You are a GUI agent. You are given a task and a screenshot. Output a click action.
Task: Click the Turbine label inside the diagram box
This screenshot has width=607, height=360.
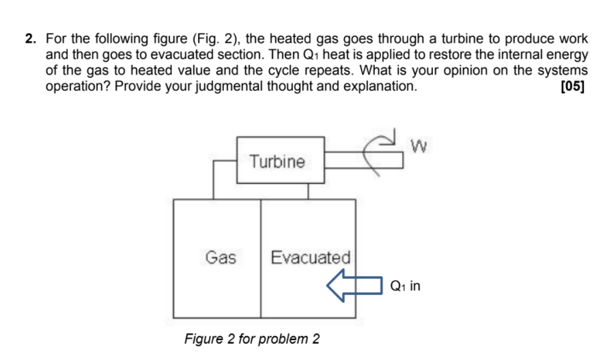tap(277, 162)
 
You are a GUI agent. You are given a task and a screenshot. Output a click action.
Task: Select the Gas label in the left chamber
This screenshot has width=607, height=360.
tap(221, 258)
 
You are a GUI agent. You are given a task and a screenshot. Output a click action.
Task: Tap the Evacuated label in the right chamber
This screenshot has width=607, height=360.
tap(310, 258)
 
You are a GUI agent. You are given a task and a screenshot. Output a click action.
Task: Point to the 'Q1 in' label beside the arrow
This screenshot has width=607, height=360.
tap(406, 286)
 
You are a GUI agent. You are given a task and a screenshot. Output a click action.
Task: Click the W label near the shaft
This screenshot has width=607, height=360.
tap(421, 145)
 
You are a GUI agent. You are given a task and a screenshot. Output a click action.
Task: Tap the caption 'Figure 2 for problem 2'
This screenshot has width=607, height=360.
tap(252, 339)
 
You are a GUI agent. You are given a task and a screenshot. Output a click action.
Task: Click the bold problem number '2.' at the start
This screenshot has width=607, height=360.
tap(31, 39)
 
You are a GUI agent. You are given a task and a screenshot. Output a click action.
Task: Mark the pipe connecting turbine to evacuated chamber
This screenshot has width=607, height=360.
tap(308, 191)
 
